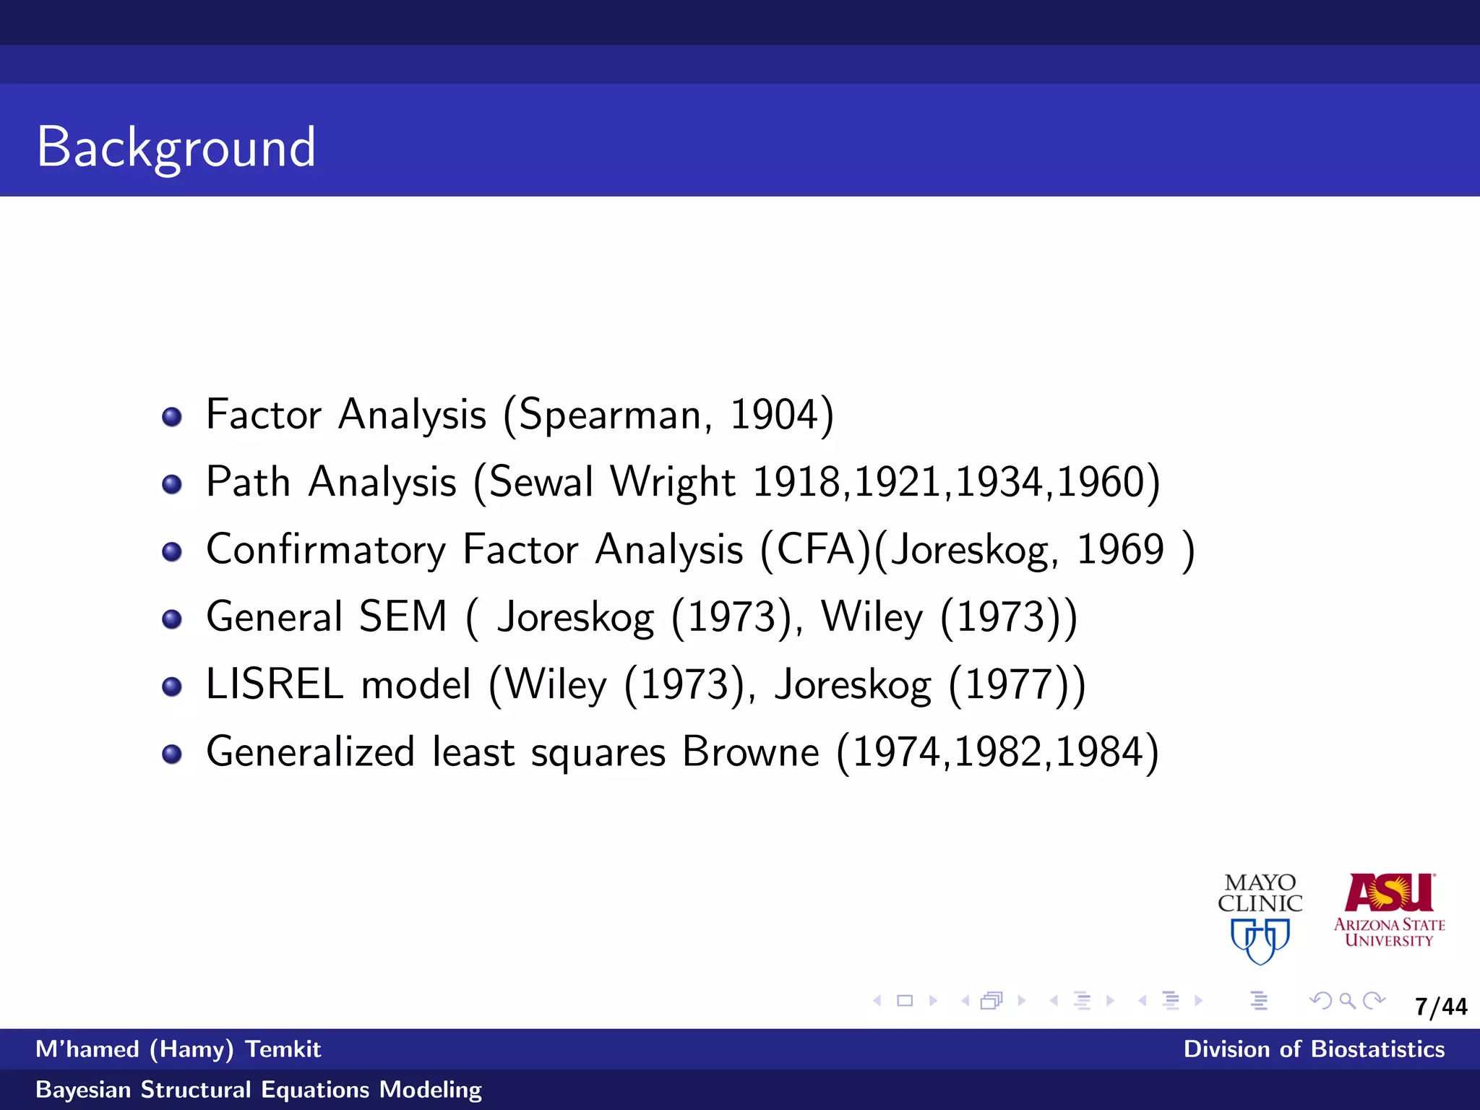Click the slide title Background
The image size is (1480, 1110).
point(176,147)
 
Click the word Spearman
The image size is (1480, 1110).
point(610,416)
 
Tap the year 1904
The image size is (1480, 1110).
point(773,415)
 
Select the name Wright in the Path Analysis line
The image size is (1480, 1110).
point(673,482)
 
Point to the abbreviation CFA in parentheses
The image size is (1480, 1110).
point(816,549)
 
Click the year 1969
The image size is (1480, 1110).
point(1120,549)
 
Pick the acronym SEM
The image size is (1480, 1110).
point(403,616)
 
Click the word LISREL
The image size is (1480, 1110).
point(275,684)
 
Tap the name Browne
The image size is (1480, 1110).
point(751,752)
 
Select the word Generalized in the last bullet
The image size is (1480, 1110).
point(310,752)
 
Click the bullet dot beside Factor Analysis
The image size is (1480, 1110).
point(172,417)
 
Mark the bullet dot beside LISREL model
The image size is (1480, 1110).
point(172,687)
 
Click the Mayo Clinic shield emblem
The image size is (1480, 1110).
point(1260,940)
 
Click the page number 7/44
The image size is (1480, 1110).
point(1441,1007)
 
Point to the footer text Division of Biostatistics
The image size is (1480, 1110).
point(1314,1049)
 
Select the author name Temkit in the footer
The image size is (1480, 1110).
point(283,1049)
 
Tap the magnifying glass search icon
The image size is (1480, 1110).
point(1347,1001)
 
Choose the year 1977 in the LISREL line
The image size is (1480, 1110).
point(1006,684)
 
